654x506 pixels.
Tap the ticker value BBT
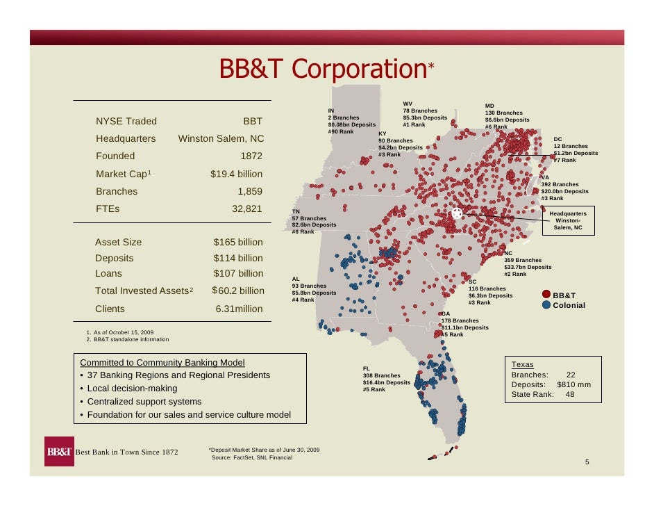(x=252, y=122)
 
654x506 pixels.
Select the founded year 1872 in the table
(x=251, y=156)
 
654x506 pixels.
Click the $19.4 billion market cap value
(x=236, y=174)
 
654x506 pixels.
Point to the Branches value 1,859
(x=250, y=191)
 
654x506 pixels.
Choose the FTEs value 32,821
(x=247, y=209)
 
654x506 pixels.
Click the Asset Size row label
(x=118, y=242)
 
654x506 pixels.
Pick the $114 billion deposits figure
(x=238, y=259)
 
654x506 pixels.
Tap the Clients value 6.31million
(x=239, y=309)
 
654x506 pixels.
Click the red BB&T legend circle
(x=546, y=295)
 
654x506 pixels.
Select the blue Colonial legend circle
(x=546, y=305)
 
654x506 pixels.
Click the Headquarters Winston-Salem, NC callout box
(x=568, y=220)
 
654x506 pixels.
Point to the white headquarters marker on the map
(x=457, y=213)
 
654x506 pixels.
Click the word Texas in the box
(x=522, y=364)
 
